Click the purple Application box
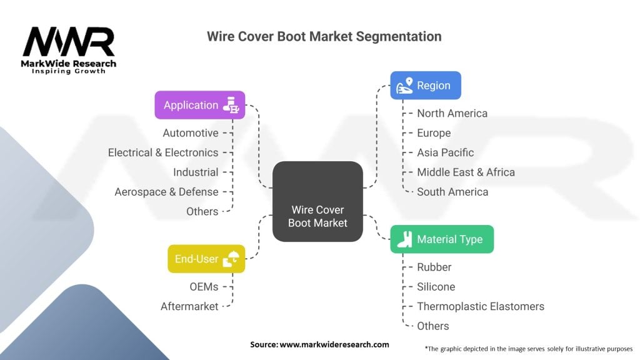(199, 105)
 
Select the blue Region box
(426, 85)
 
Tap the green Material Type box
(442, 239)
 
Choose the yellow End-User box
(206, 259)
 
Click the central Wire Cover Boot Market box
(317, 201)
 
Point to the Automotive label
(191, 133)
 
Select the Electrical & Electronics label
(163, 152)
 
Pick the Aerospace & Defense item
(166, 192)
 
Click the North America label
(452, 114)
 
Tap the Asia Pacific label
(445, 152)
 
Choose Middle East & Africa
(466, 172)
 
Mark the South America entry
(452, 192)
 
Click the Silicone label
(436, 287)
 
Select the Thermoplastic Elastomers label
(481, 306)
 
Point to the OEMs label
(204, 287)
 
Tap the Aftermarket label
(189, 306)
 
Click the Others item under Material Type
(432, 326)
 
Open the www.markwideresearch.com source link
(334, 344)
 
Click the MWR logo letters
(69, 42)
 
